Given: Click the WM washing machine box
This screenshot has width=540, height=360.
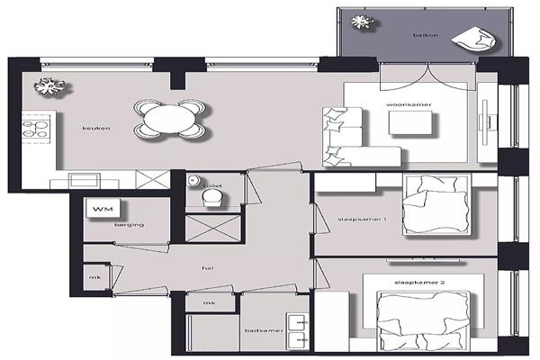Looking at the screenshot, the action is point(103,208).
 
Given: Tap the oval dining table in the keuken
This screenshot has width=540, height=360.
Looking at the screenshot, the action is point(169,119).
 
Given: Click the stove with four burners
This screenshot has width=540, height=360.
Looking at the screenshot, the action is point(36,129).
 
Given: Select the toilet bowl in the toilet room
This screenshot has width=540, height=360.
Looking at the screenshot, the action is point(212,199).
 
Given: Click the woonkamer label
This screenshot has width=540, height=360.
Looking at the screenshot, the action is point(409,104).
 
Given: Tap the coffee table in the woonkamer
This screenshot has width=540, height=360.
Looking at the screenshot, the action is point(411,123).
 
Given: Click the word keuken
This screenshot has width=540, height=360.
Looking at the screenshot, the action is point(96,128).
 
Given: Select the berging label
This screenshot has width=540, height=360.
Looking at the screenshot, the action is point(129,225).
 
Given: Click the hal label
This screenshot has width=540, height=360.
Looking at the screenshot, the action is point(208,268).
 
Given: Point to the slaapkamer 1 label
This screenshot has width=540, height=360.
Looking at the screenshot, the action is point(362,219).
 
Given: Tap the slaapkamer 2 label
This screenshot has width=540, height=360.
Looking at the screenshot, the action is point(419,283).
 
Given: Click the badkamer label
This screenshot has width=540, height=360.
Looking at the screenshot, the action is point(264,330).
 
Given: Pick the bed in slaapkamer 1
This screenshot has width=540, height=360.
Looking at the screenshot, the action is point(436,205).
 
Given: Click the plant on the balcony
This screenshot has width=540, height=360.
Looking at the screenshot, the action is point(363,22).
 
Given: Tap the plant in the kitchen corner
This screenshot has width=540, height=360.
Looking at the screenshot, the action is point(49,86).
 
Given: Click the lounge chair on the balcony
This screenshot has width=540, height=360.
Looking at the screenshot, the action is point(474,40).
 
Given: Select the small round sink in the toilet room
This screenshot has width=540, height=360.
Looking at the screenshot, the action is point(193,180).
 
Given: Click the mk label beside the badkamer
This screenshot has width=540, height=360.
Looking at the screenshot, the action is point(209,302).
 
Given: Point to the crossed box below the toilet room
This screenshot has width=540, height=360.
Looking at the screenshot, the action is point(212,229).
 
